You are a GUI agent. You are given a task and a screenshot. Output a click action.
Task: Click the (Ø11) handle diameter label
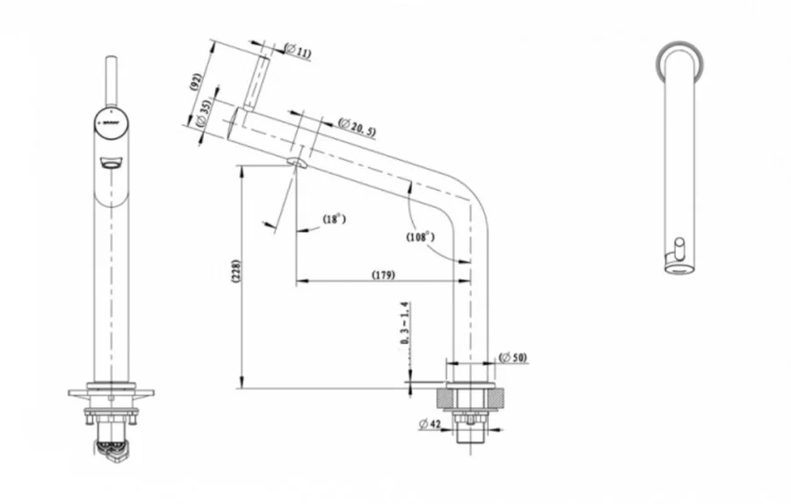point(298,53)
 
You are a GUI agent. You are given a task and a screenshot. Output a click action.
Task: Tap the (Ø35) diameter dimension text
point(204,114)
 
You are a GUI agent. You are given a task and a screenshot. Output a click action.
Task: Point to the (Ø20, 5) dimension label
point(357,127)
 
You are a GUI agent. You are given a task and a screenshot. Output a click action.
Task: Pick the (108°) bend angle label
point(421,237)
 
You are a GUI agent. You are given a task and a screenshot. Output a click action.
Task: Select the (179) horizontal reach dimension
point(382,275)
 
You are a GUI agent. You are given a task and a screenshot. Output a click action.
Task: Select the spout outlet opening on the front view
point(111,163)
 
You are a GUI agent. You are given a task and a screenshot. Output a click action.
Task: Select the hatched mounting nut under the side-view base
point(471,398)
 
